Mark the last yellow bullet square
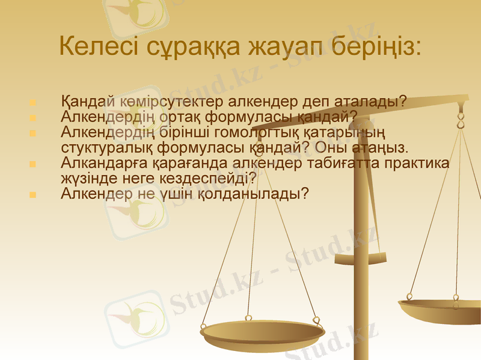pyautogui.click(x=32, y=195)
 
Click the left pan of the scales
pyautogui.click(x=262, y=334)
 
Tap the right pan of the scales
pyautogui.click(x=442, y=310)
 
